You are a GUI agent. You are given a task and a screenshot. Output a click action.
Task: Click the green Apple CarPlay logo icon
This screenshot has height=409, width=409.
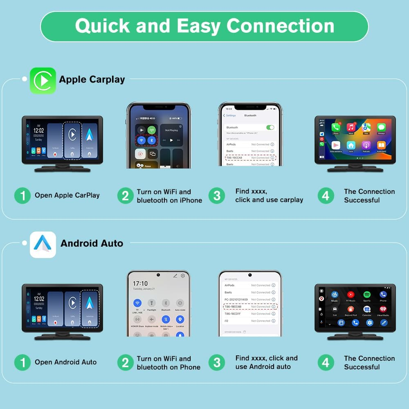(x=43, y=81)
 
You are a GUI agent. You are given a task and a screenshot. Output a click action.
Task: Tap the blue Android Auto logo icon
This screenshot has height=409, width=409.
(x=43, y=244)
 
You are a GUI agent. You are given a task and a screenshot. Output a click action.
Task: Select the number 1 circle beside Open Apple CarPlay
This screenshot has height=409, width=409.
(x=22, y=196)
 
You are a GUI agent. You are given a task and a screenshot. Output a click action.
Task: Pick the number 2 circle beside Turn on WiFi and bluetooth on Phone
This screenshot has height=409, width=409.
(x=125, y=362)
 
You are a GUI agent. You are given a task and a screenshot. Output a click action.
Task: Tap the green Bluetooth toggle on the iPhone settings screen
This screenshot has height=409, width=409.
(x=270, y=127)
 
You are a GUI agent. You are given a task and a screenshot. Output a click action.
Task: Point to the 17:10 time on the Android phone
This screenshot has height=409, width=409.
(x=140, y=283)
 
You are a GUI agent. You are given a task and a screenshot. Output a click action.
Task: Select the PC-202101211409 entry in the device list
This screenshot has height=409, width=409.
(x=236, y=299)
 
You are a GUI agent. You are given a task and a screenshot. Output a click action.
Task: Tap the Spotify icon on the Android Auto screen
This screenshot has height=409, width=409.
(x=367, y=295)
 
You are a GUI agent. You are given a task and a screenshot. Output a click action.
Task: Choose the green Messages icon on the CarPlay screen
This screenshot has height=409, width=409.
(x=381, y=128)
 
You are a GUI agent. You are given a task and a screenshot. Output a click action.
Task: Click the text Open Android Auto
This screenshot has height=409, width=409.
(x=65, y=362)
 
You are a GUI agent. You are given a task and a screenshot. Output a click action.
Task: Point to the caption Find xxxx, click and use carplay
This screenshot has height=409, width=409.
(x=269, y=196)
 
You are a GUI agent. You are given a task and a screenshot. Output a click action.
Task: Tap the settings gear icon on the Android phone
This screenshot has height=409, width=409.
(x=183, y=276)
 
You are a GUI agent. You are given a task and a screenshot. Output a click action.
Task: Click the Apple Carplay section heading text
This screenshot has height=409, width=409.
(x=92, y=79)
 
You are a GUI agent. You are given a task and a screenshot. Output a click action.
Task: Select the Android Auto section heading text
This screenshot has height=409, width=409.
(x=92, y=243)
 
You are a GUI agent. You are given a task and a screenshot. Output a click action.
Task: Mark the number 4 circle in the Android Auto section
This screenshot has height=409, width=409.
(x=326, y=362)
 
